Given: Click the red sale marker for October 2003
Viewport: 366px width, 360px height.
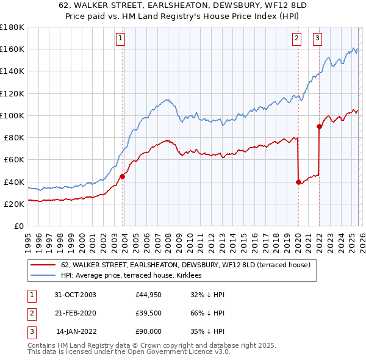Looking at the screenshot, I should click(x=123, y=176).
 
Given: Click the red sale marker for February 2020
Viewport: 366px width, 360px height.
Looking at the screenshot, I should click(x=298, y=182).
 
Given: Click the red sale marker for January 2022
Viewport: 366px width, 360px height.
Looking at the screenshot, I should click(x=318, y=127).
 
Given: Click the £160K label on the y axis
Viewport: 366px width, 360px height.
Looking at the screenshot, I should click(x=12, y=49).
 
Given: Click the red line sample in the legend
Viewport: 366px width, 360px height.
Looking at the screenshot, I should click(x=43, y=265).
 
